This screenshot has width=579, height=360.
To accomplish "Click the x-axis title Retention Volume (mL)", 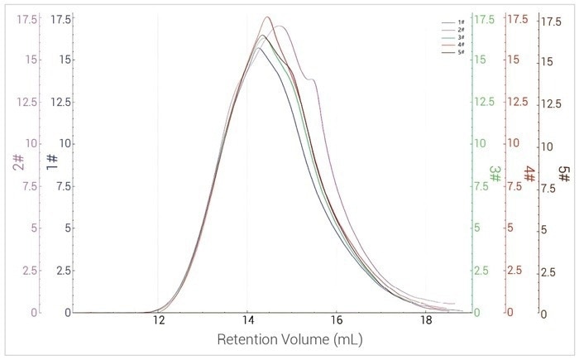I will click(x=289, y=340).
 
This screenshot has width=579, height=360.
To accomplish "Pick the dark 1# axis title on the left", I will click(x=51, y=162).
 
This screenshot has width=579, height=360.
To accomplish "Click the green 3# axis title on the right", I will click(x=495, y=175).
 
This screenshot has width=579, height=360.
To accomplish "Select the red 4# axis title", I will click(x=529, y=175).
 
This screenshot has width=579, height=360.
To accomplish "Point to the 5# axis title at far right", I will click(x=564, y=175).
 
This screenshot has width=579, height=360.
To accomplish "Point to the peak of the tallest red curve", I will click(x=267, y=17).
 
